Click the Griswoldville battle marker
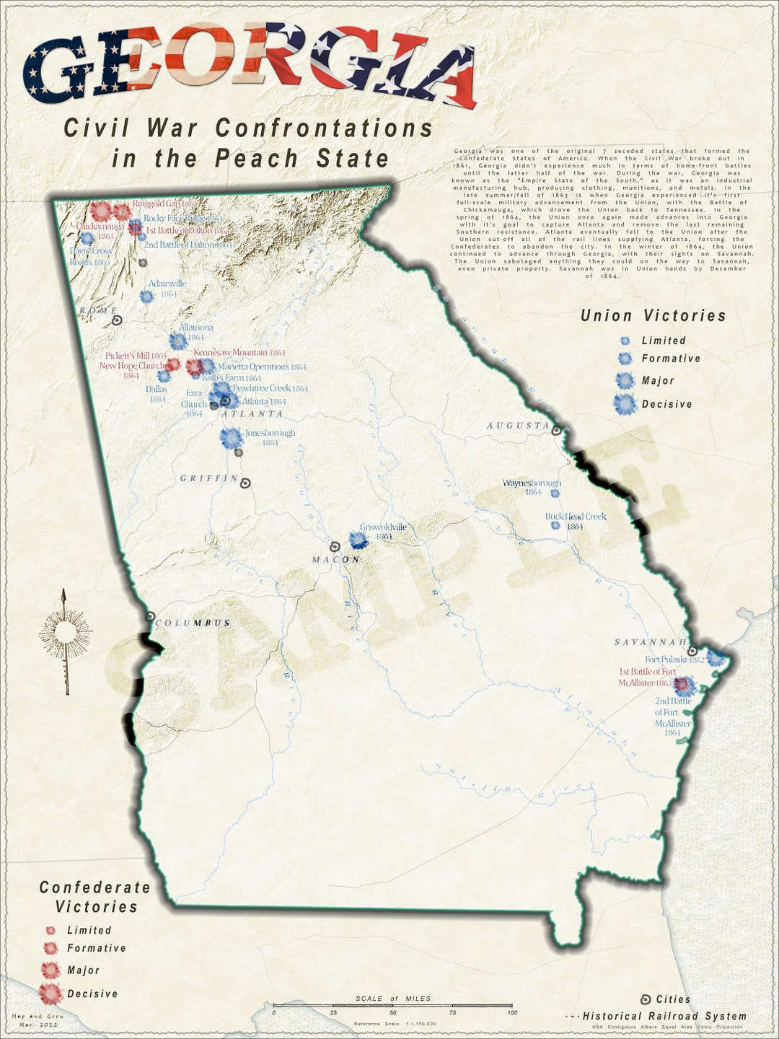click(357, 540)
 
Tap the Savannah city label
click(649, 642)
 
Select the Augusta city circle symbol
click(556, 431)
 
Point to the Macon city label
click(335, 560)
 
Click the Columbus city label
click(193, 623)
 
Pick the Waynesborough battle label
click(532, 483)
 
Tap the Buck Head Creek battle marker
click(555, 525)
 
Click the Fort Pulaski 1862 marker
click(715, 658)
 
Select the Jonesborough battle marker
click(232, 438)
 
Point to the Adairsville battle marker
click(146, 296)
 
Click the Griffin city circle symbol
click(245, 483)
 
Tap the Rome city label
click(98, 310)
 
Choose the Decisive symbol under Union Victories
click(625, 405)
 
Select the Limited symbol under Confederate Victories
click(50, 931)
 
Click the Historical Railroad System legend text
click(664, 1016)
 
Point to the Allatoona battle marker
click(177, 341)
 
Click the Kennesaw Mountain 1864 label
click(239, 353)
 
